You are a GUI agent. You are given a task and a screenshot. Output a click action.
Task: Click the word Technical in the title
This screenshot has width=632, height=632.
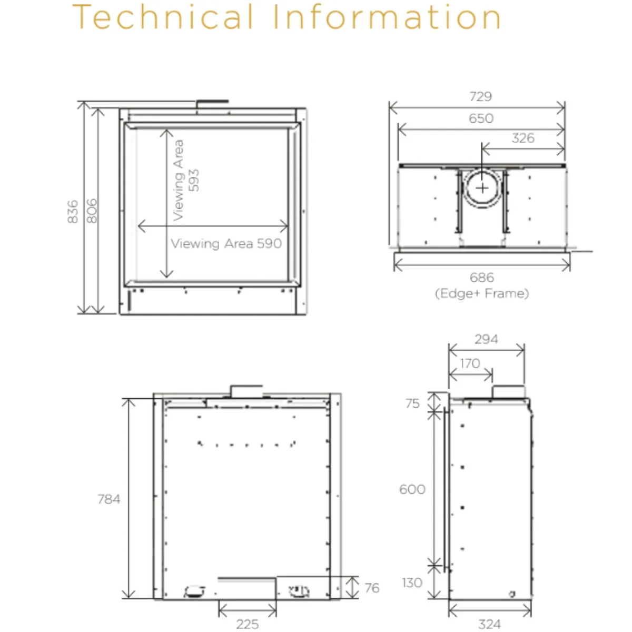point(163,17)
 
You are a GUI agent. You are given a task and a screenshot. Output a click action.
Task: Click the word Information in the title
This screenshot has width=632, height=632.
point(387,17)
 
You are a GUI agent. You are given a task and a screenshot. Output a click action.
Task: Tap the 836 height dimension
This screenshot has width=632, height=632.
point(73,212)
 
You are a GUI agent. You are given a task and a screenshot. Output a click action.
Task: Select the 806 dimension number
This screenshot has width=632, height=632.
point(92,211)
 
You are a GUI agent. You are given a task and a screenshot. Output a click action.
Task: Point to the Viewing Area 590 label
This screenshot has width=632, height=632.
point(226,244)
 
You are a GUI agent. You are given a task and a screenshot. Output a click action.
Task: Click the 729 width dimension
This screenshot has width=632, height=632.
point(480,97)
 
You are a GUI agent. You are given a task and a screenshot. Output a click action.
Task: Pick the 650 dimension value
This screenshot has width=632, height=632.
point(481,118)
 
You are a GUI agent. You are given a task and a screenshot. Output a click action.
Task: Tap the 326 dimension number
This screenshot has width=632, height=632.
point(523,138)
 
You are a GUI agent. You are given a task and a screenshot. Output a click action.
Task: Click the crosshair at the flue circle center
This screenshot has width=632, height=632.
point(482,188)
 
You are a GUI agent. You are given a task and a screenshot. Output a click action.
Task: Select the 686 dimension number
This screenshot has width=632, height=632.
point(481,278)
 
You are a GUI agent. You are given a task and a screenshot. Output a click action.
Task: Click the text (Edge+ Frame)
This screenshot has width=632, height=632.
point(482,293)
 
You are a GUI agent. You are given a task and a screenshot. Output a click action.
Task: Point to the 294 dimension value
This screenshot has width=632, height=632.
point(486,339)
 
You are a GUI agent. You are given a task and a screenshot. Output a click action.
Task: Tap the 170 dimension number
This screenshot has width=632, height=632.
point(470,363)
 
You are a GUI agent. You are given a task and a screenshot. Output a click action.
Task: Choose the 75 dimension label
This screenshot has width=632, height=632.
point(412,403)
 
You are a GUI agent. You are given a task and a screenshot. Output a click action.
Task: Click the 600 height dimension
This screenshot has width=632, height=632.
point(412,489)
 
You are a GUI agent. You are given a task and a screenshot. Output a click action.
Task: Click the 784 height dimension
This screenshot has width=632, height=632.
point(109,499)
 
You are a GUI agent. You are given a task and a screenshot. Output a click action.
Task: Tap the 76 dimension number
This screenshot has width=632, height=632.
point(372,588)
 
